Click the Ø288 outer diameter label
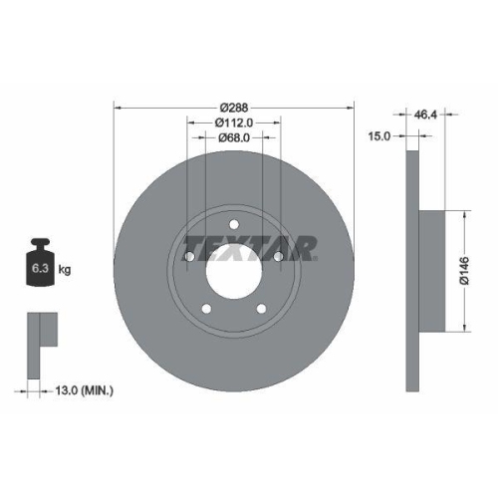[x=235, y=106]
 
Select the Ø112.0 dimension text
[x=235, y=123]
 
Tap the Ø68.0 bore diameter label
[x=235, y=139]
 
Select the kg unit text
[x=65, y=270]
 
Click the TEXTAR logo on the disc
[x=251, y=246]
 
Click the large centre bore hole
[x=235, y=269]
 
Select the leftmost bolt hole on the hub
[x=191, y=260]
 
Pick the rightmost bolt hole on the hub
[x=278, y=260]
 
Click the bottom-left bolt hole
[x=206, y=307]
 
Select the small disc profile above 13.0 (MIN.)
[x=42, y=329]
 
